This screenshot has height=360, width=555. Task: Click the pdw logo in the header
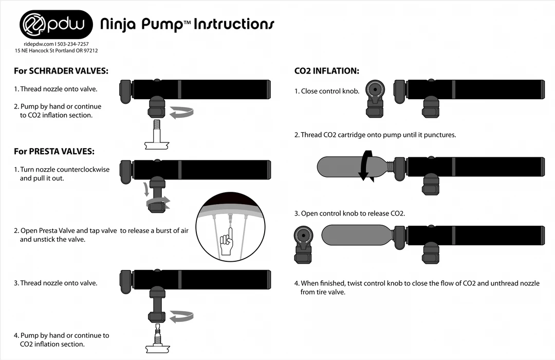[56, 24]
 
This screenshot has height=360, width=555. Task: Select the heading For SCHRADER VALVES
[61, 71]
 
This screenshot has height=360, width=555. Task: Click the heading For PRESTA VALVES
[54, 151]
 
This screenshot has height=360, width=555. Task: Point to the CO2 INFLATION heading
[326, 71]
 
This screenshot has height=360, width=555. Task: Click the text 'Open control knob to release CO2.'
[349, 213]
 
